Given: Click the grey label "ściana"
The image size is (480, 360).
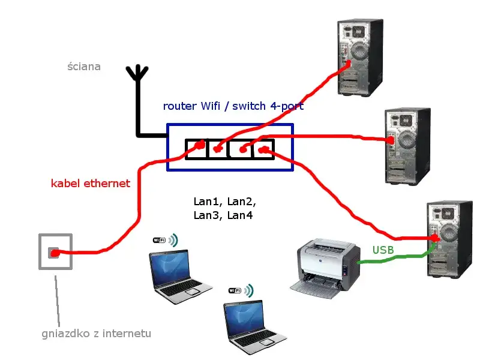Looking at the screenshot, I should [84, 67].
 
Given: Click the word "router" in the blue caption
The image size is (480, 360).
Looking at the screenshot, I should [179, 106].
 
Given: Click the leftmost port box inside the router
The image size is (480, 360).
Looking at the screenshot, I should [196, 149].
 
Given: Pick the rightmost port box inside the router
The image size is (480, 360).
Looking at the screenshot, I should [263, 149].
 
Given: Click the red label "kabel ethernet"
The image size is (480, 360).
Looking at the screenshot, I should [90, 184].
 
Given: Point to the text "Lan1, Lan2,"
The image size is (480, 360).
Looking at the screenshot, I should [224, 202].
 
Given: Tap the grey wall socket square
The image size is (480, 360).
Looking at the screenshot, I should [55, 251].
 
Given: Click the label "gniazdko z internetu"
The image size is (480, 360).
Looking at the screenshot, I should [96, 334].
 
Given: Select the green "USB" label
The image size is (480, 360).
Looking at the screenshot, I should [383, 250].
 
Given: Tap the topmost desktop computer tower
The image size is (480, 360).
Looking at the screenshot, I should [359, 56].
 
